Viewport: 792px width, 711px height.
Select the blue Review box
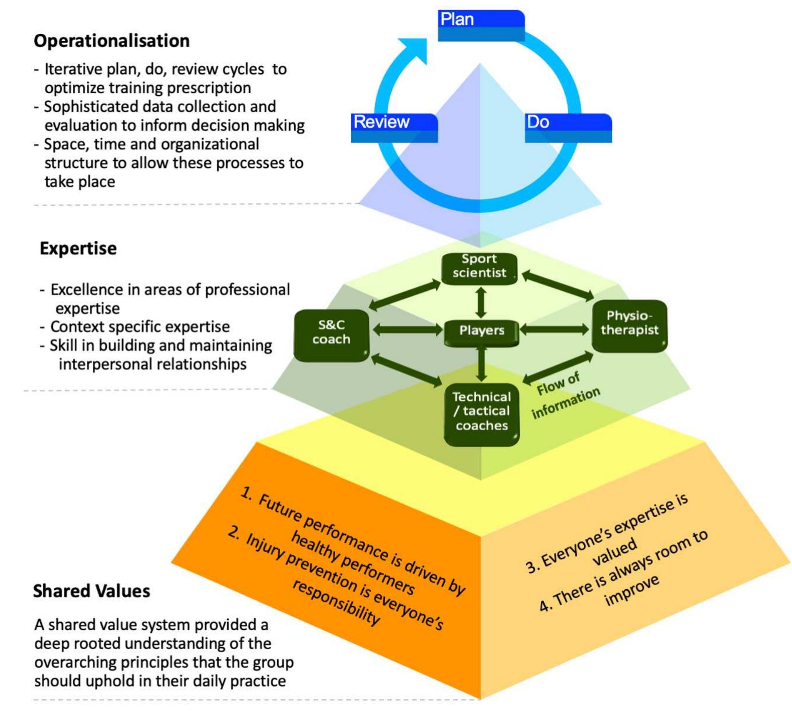[394, 128]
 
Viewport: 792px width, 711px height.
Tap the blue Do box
[568, 128]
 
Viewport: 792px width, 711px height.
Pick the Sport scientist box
[479, 269]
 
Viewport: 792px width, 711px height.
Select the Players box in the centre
[481, 333]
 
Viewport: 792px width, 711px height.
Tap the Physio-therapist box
[629, 326]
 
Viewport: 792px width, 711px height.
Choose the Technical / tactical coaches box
[481, 414]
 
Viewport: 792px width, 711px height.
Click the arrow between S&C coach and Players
[407, 330]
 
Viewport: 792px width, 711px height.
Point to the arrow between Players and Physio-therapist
[555, 330]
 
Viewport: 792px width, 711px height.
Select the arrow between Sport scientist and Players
[481, 303]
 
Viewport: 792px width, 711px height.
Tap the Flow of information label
[564, 396]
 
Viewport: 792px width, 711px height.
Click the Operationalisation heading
[111, 41]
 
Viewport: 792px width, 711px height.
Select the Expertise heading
[78, 249]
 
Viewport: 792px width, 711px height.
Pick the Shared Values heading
[92, 591]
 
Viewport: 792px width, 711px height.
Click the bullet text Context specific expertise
[140, 326]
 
